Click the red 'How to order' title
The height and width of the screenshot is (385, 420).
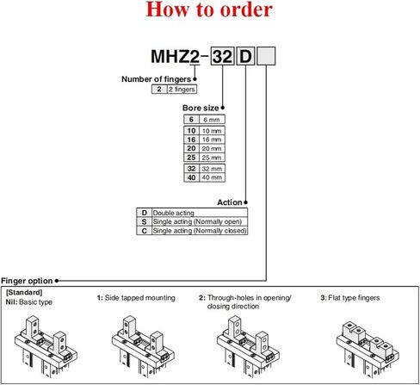pos(209,12)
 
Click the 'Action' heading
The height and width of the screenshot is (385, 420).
pos(229,202)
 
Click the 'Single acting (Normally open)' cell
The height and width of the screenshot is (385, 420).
pos(199,221)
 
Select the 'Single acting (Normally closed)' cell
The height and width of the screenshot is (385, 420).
pos(199,231)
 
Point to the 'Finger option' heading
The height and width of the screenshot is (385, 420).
pos(27,280)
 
